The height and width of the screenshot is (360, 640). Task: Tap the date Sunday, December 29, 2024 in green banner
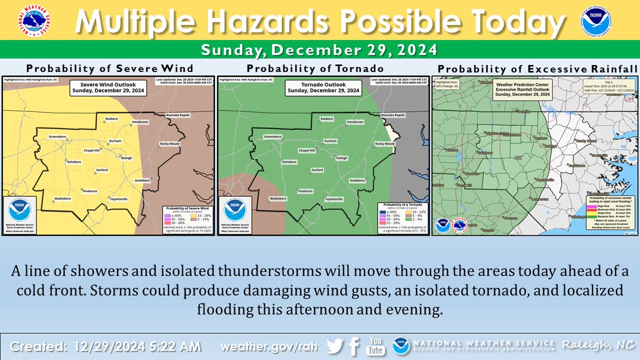tap(319, 50)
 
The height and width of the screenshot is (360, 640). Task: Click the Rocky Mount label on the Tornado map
tap(385, 144)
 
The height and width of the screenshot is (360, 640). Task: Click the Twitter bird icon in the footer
tap(334, 346)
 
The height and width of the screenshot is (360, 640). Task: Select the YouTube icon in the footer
tap(375, 346)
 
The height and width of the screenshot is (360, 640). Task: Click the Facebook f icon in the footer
tap(353, 347)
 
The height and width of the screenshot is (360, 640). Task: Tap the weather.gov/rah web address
tap(269, 347)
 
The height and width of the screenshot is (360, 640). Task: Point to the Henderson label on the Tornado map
tap(355, 122)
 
